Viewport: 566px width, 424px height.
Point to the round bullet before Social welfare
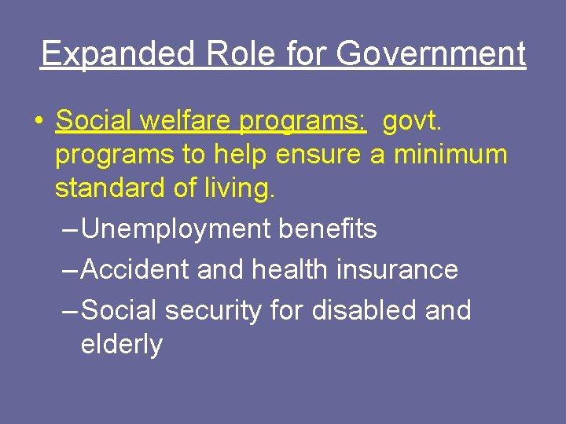39,122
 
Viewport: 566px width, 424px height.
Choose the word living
239,189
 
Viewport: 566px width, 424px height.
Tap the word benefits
329,228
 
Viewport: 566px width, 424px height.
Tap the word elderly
121,345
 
